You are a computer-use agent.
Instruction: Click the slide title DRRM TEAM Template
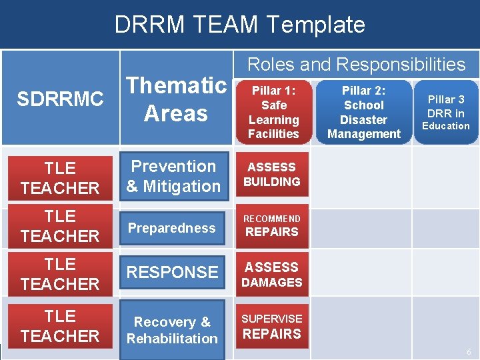[x=240, y=25]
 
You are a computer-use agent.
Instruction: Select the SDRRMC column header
[x=60, y=99]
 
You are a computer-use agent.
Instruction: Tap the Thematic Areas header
[x=177, y=99]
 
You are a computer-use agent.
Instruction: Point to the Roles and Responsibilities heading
[x=356, y=64]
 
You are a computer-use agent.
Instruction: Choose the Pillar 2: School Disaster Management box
[x=363, y=112]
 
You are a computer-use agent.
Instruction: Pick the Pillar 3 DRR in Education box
[x=446, y=112]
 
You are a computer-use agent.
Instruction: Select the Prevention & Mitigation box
[x=173, y=177]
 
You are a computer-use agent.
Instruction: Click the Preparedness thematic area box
[x=172, y=228]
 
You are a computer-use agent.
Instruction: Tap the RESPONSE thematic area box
[x=173, y=272]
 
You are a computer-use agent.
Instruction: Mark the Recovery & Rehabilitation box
[x=173, y=330]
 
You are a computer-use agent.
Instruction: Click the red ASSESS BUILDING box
[x=272, y=175]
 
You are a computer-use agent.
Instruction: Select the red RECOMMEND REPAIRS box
[x=272, y=225]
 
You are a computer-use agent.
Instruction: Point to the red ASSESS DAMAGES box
[x=272, y=274]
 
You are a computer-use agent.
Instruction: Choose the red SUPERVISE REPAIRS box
[x=272, y=327]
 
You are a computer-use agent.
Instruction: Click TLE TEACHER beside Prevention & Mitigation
[x=60, y=178]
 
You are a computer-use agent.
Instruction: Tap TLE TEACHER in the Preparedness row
[x=60, y=226]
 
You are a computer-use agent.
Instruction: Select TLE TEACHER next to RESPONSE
[x=60, y=274]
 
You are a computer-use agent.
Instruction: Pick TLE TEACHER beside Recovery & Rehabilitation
[x=60, y=326]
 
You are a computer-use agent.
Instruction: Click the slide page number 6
[x=469, y=351]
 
